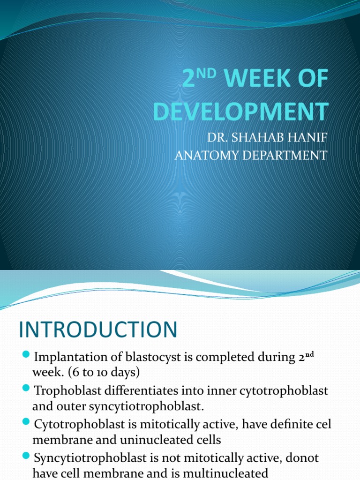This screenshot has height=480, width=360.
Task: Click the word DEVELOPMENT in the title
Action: [x=240, y=112]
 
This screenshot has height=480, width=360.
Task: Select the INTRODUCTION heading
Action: [x=98, y=330]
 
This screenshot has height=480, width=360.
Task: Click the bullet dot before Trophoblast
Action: [x=26, y=389]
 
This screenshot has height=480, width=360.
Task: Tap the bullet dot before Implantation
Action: [x=26, y=355]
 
